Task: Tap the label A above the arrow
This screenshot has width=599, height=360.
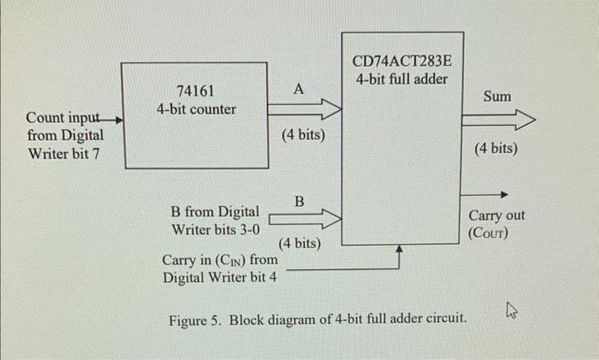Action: tap(298, 88)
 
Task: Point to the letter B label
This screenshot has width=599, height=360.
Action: tap(299, 201)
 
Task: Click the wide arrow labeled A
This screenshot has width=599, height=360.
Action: tap(304, 109)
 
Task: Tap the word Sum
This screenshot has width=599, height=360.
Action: tap(497, 96)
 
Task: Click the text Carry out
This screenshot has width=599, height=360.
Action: tap(497, 215)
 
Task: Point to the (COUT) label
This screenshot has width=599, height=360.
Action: tap(488, 232)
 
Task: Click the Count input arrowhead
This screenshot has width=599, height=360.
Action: tap(119, 120)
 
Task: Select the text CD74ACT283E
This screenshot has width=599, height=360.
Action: tap(402, 62)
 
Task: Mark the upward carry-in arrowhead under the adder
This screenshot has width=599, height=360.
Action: tap(400, 251)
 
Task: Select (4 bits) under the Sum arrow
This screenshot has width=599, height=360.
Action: tap(495, 149)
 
